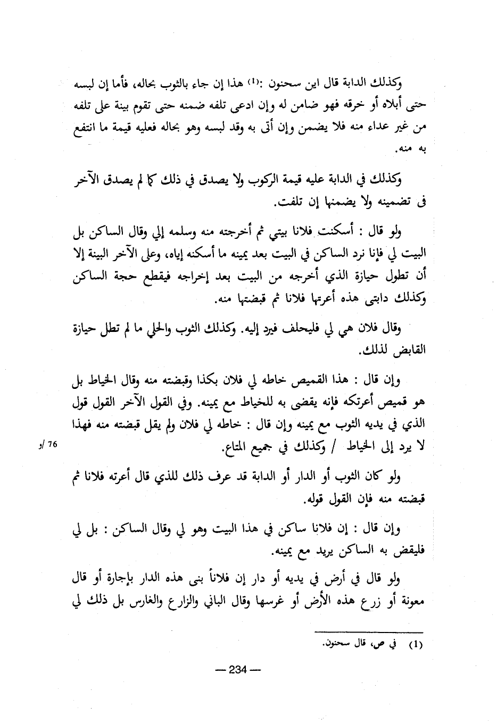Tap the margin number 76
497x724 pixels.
(53, 445)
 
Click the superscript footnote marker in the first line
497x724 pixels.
(254, 81)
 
